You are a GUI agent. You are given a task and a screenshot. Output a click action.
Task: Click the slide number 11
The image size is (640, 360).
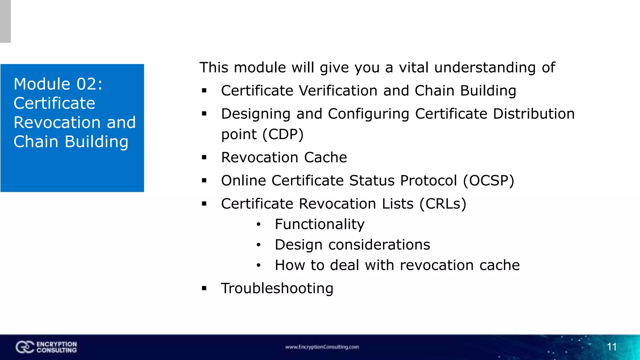pyautogui.click(x=612, y=347)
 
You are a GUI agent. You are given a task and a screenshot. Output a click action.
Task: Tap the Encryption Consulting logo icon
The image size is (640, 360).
pyautogui.click(x=25, y=347)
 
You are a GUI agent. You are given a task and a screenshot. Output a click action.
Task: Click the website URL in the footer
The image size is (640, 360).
pyautogui.click(x=322, y=347)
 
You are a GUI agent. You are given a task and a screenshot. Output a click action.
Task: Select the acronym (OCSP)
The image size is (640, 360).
pyautogui.click(x=488, y=181)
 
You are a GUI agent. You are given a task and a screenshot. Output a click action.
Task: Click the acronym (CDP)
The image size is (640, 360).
pyautogui.click(x=283, y=134)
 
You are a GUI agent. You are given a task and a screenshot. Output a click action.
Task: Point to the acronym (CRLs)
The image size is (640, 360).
pyautogui.click(x=443, y=204)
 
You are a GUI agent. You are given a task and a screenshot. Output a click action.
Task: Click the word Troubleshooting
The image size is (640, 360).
pyautogui.click(x=277, y=288)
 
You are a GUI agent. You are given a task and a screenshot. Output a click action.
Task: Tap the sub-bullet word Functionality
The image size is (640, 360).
pyautogui.click(x=319, y=224)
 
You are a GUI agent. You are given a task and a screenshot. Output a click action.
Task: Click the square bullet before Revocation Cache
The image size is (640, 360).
pyautogui.click(x=204, y=157)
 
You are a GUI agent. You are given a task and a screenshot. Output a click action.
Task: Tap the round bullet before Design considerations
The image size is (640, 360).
pyautogui.click(x=258, y=245)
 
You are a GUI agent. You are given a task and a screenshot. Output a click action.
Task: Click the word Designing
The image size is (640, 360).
pyautogui.click(x=256, y=114)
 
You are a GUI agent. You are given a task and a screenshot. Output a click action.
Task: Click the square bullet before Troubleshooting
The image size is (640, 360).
pyautogui.click(x=204, y=288)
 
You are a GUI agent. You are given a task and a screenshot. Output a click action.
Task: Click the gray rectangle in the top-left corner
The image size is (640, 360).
pyautogui.click(x=5, y=21)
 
